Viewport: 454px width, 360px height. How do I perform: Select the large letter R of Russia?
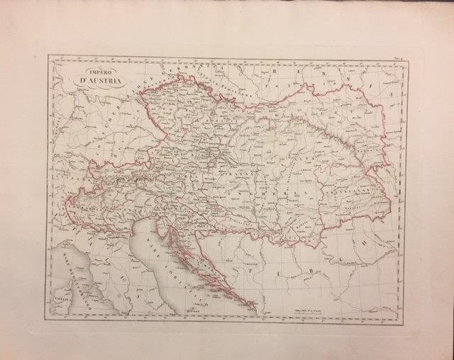pos(277,73)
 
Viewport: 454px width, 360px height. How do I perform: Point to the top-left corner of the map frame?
pos(48,55)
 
